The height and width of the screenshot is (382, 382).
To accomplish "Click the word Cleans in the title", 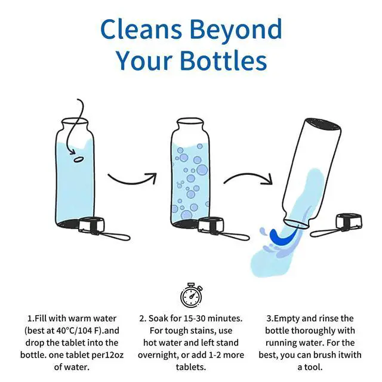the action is coord(141,29).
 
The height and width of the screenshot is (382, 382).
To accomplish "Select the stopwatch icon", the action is coord(192,295).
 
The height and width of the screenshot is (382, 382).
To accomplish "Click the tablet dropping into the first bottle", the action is coord(79,159).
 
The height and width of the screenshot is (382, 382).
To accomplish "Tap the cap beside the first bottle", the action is coord(91,224).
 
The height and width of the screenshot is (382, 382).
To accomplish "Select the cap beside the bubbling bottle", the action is coord(211,224).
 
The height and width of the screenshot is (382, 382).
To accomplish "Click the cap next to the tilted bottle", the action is coord(349,221).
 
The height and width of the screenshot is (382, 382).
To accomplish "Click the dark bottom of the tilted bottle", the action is coord(322,124).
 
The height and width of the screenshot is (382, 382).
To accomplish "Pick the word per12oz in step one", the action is coord(107,355).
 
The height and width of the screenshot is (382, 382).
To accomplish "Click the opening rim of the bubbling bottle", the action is coord(190,121).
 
